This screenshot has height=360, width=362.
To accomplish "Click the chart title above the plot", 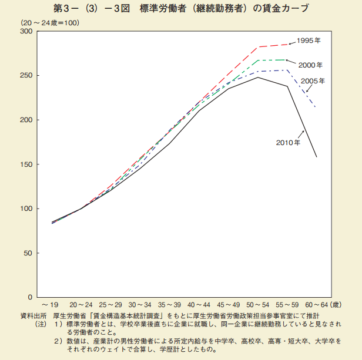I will (180, 9).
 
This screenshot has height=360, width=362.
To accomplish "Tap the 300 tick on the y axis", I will (26, 31).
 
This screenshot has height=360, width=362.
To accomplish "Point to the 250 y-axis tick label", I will (26, 75).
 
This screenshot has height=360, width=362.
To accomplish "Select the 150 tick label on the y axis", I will (26, 164).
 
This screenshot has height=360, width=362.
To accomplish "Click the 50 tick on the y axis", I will (28, 253).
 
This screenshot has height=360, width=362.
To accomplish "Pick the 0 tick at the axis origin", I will (30, 297).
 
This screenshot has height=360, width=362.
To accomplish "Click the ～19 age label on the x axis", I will (50, 305).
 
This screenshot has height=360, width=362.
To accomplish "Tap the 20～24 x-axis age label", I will (81, 305).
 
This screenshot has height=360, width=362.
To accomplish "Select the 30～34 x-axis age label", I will (139, 305).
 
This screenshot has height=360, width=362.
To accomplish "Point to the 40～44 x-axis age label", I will (199, 305).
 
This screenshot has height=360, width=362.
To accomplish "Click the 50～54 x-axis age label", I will (258, 305).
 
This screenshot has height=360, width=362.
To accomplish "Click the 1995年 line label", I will (309, 41).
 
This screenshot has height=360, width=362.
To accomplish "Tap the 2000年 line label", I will (310, 65).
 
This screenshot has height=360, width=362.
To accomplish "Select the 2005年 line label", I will (313, 82).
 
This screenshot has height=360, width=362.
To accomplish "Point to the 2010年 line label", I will (288, 142).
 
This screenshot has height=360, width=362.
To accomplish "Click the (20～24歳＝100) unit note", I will (51, 22).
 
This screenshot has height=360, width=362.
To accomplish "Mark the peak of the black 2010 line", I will (258, 78).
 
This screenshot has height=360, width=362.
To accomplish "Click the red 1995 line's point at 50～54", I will (258, 47).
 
